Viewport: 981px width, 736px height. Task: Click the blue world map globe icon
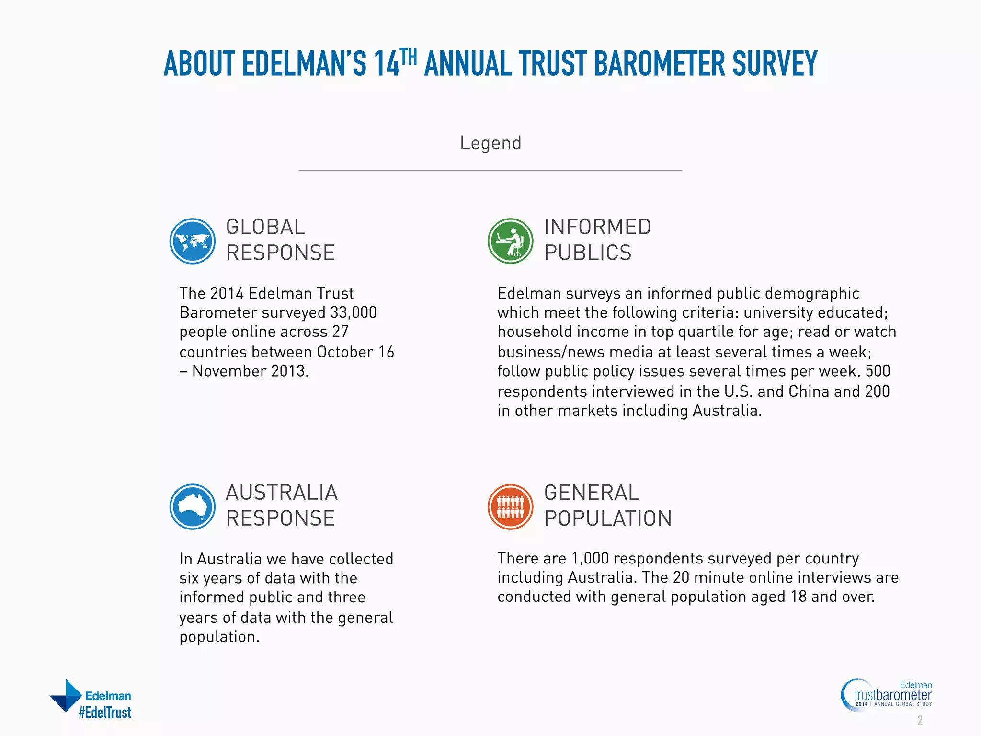(x=193, y=241)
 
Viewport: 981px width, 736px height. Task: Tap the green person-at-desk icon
(x=510, y=241)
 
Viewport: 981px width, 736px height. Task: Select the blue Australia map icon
(x=193, y=506)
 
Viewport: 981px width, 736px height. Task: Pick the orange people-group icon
(x=510, y=506)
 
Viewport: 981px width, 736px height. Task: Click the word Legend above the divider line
(x=490, y=143)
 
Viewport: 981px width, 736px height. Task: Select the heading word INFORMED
(x=597, y=227)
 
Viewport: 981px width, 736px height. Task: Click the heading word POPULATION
(x=608, y=518)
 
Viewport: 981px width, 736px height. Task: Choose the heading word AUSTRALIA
(x=282, y=493)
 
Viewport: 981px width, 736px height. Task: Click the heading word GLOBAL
(x=265, y=227)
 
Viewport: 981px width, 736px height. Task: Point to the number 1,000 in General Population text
(x=590, y=558)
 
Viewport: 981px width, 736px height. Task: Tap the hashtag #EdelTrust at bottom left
(x=105, y=713)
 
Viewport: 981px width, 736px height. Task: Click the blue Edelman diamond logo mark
(x=67, y=695)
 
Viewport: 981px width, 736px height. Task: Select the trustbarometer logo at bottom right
(x=887, y=695)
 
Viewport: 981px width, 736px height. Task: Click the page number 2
(x=920, y=720)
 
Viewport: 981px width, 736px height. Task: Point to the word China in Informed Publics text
(x=809, y=391)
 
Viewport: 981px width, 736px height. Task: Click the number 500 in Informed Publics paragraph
(x=878, y=371)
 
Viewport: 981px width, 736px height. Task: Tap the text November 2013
(x=250, y=371)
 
